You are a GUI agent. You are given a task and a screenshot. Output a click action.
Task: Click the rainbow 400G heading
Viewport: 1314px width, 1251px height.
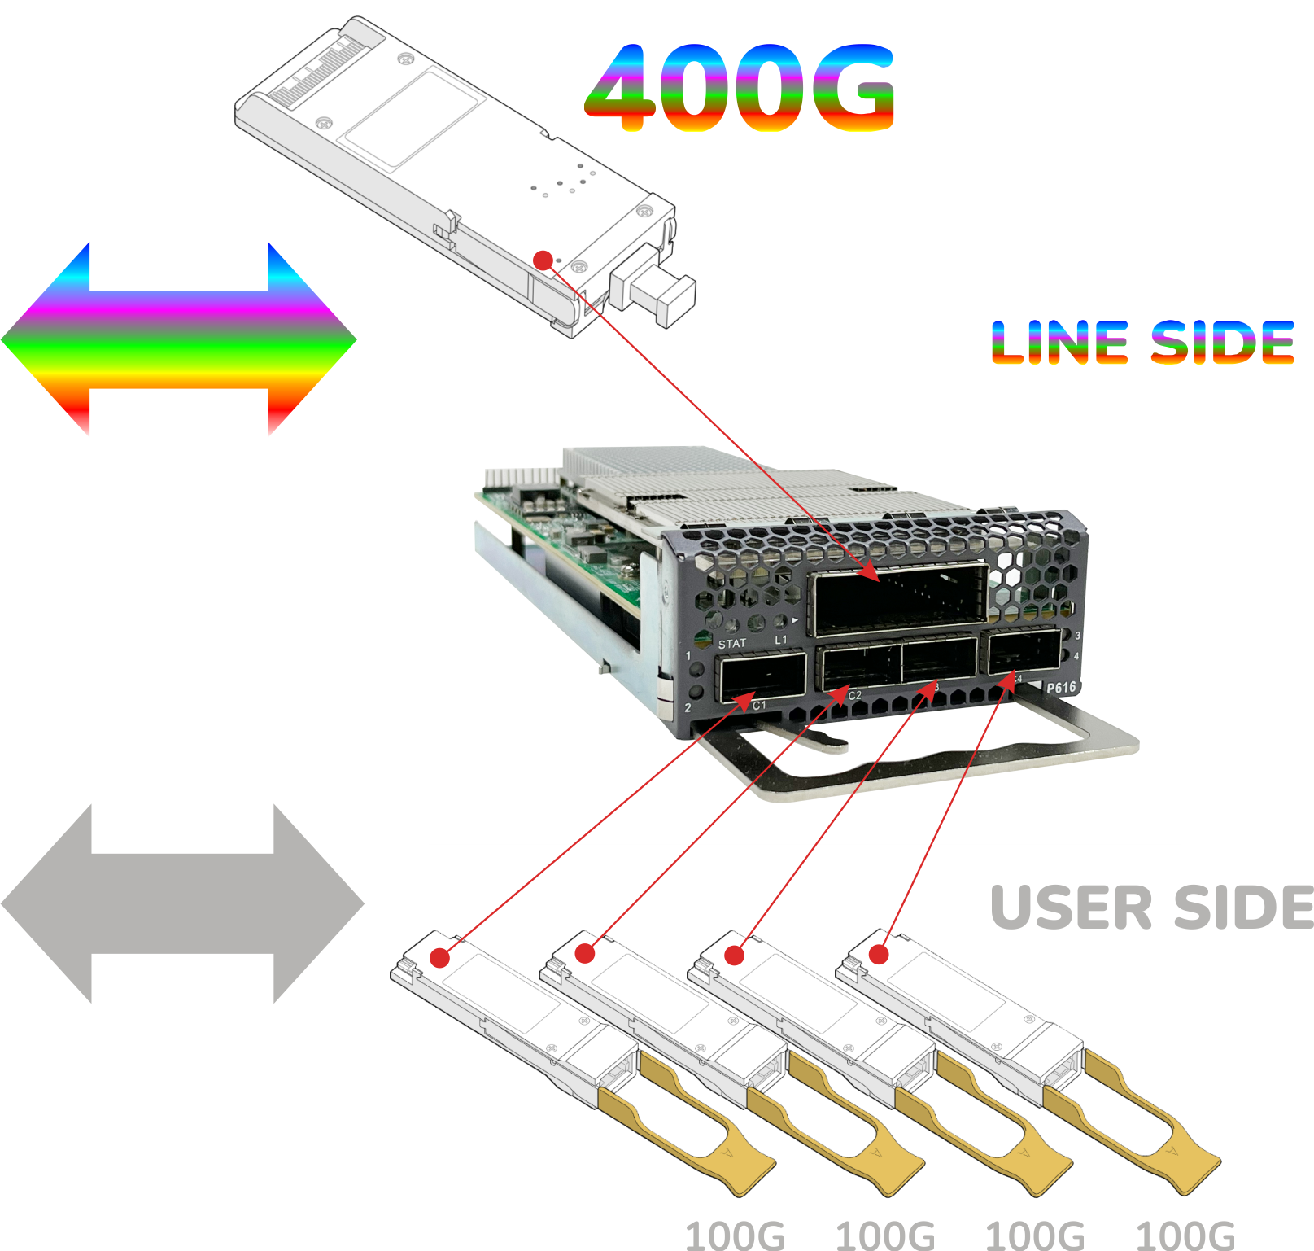coord(739,87)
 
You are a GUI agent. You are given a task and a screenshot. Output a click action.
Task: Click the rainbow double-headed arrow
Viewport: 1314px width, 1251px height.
coord(178,338)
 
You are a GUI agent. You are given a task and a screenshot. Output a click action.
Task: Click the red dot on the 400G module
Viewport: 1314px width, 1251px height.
coord(543,260)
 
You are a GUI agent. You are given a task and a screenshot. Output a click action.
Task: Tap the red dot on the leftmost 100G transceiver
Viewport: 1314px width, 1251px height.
coord(439,957)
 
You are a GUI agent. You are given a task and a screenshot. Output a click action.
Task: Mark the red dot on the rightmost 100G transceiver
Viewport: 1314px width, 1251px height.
coord(879,954)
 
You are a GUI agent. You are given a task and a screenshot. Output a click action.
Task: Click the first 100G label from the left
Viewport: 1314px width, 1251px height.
coord(735,1236)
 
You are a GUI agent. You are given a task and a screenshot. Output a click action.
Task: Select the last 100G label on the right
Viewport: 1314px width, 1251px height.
coord(1185,1236)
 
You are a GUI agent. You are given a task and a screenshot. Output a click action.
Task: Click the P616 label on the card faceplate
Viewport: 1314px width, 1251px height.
coord(1061,688)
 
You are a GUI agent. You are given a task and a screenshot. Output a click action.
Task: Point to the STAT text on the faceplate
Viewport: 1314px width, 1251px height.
coord(731,643)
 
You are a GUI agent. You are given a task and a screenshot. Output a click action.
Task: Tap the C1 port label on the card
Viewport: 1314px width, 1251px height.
coord(759,705)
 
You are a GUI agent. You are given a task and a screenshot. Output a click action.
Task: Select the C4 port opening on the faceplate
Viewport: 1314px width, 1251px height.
coord(1024,651)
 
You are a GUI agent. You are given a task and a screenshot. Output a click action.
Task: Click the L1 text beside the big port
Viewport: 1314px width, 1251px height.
coord(781,640)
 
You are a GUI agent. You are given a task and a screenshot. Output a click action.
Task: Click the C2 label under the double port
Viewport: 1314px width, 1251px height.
coord(854,695)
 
